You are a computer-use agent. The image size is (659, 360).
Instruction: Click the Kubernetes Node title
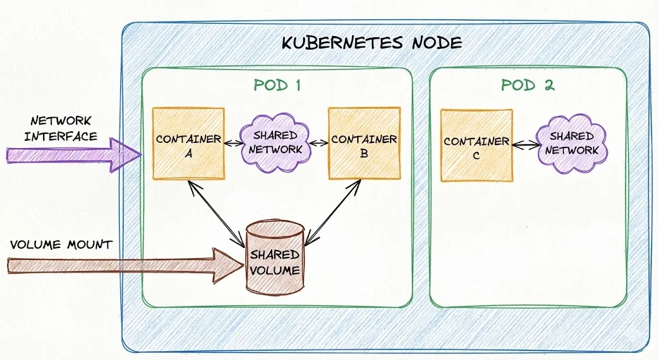click(372, 43)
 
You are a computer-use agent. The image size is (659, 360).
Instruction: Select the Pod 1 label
click(277, 85)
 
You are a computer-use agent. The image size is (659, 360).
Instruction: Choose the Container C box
click(476, 146)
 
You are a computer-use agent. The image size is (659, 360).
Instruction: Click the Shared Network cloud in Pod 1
click(275, 142)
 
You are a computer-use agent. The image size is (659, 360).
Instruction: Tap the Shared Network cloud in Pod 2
click(571, 143)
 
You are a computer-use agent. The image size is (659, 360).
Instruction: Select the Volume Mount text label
click(60, 245)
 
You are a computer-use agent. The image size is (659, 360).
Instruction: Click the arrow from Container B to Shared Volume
click(331, 213)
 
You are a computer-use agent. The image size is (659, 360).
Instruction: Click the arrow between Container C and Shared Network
click(524, 145)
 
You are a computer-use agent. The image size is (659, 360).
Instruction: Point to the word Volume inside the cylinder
click(275, 270)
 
